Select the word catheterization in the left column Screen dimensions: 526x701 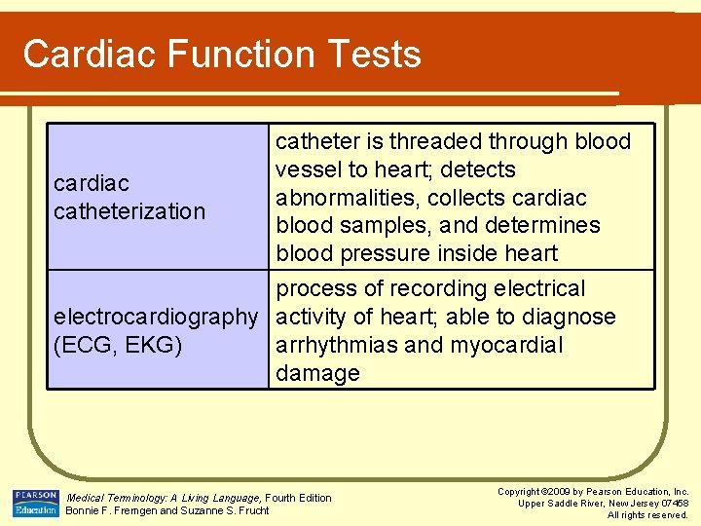129,211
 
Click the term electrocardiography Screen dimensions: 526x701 156,317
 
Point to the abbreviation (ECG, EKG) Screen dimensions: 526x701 118,345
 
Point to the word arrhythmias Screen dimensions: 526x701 338,345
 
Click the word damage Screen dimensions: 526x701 318,373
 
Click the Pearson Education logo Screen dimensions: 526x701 35,503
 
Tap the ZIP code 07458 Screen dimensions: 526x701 672,503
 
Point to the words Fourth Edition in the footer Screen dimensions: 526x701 298,498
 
